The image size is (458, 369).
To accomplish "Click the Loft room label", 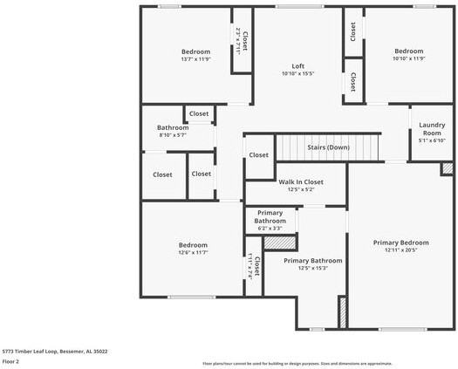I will [297, 66].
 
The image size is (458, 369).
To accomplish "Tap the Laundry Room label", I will [432, 129].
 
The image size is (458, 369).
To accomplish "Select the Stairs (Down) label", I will [328, 147].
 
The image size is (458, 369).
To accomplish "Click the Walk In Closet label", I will [301, 181].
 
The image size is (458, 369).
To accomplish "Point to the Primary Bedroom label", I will [400, 243].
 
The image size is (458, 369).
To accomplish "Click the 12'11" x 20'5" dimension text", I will [400, 250].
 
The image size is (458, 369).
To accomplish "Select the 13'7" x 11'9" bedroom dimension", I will [195, 59].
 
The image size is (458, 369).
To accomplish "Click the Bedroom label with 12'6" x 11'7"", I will [193, 245].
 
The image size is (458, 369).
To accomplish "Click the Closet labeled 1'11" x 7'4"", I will [254, 267].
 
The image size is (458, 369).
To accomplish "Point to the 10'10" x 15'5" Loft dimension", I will [297, 74].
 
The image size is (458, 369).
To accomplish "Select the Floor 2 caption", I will [11, 361].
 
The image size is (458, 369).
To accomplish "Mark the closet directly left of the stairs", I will [258, 155].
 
